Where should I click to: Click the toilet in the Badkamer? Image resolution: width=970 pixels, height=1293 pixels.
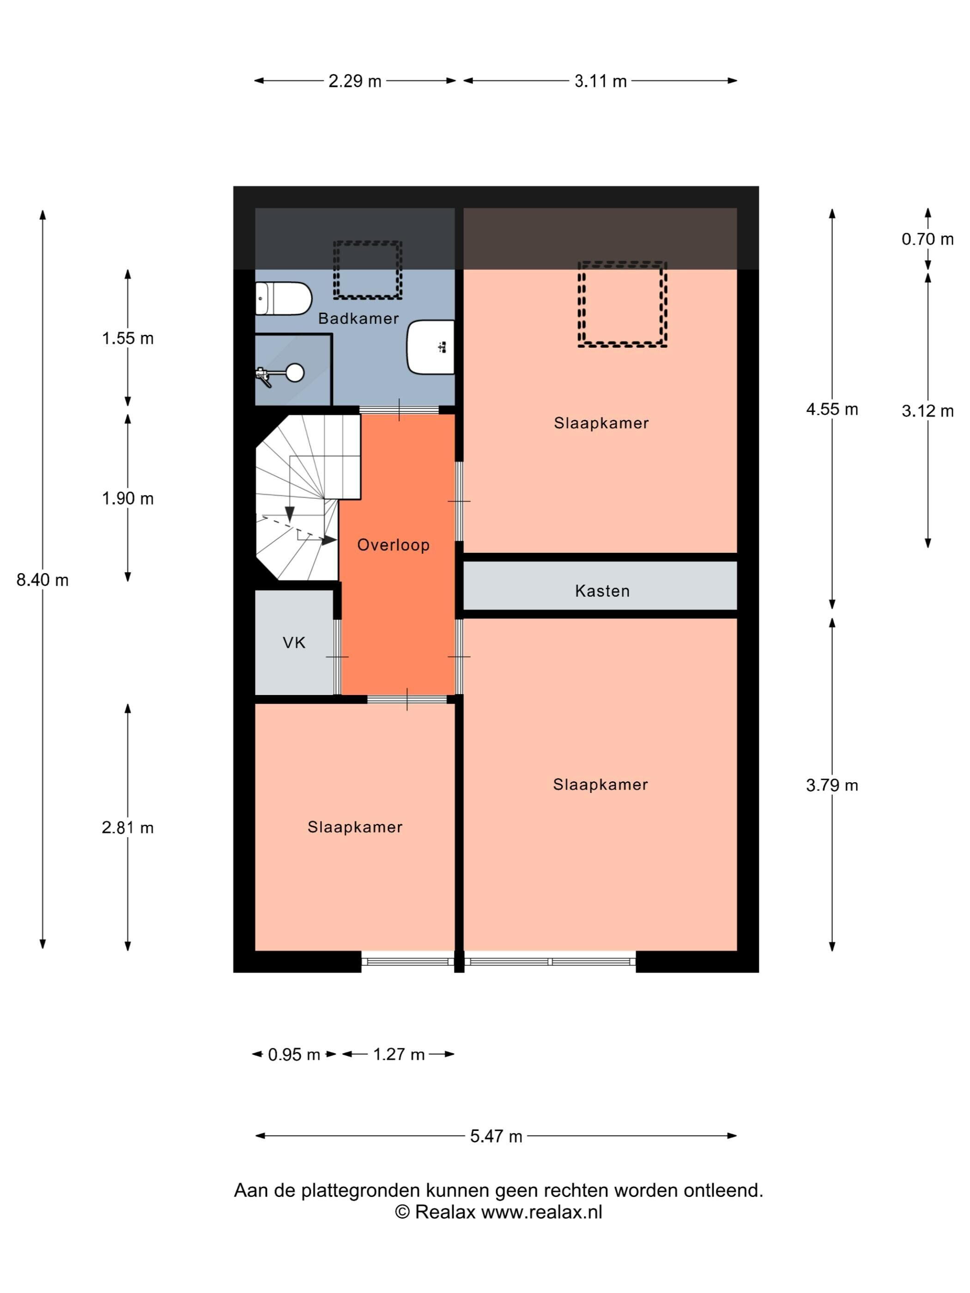pos(283,298)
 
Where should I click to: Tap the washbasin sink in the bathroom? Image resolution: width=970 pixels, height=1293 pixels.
pos(430,347)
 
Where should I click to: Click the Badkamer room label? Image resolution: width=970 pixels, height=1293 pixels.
pos(358,319)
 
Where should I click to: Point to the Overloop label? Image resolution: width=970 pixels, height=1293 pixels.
pos(394,545)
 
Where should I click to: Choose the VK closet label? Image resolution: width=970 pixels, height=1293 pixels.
pos(294,643)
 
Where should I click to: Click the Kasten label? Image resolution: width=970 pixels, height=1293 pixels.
pos(602,591)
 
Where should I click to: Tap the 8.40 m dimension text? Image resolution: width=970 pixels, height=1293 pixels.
pos(42,580)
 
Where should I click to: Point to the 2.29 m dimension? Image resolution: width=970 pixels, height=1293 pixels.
pos(355,81)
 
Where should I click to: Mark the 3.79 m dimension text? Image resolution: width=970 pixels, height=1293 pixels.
pos(832,785)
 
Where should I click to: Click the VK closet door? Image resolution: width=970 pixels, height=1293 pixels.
pos(337,657)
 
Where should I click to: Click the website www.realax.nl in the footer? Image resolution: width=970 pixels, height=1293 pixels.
pos(541,1212)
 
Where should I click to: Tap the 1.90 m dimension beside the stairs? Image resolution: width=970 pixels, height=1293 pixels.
pos(127,499)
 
